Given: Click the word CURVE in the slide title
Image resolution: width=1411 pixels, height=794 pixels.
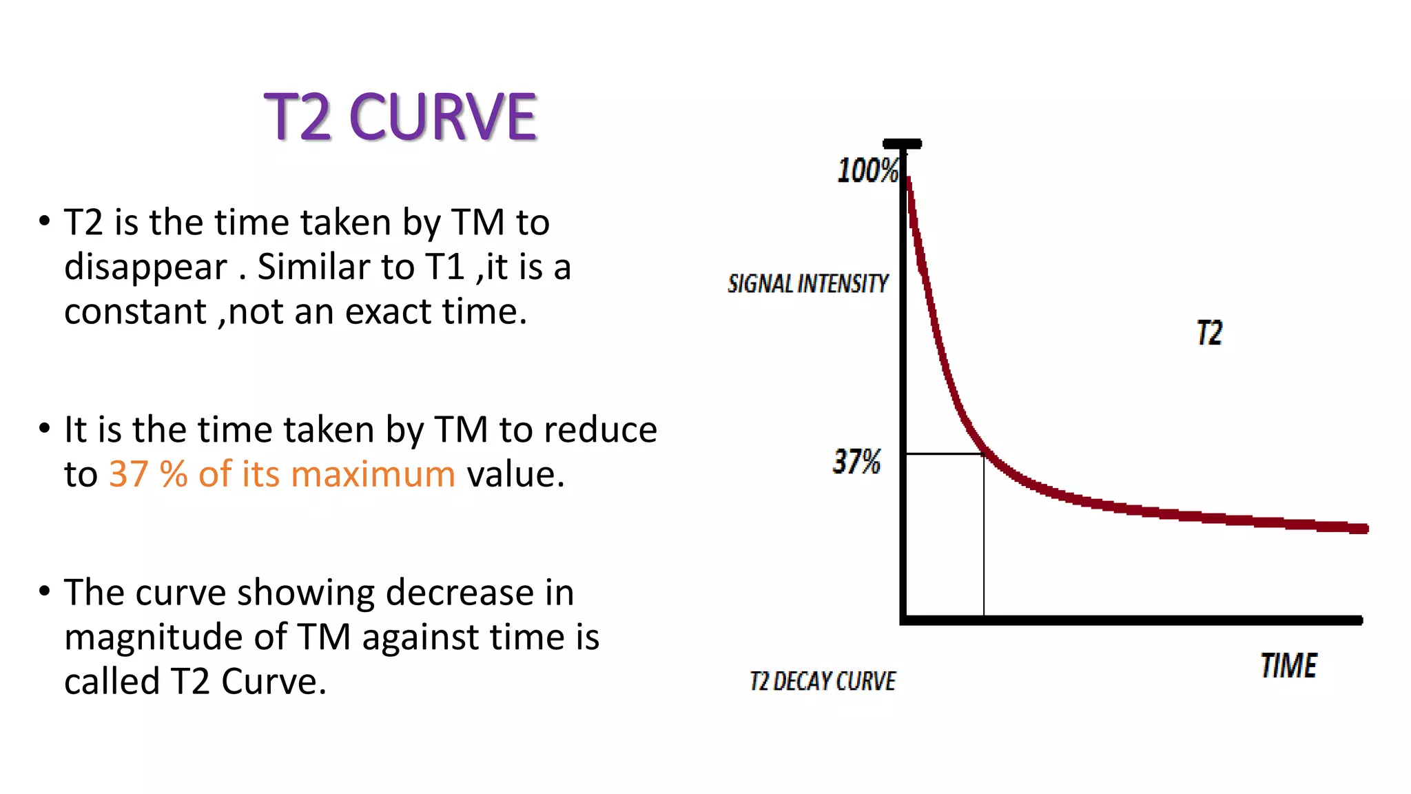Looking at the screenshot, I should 442,117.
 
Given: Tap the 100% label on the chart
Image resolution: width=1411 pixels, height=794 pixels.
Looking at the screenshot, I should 867,170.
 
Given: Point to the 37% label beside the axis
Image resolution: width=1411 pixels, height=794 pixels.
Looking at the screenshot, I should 856,461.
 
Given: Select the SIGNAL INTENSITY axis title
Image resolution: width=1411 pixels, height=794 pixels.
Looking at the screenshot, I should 807,283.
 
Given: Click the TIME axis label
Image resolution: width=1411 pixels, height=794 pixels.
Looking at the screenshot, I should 1288,666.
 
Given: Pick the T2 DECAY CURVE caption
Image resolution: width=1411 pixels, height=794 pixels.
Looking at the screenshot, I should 823,681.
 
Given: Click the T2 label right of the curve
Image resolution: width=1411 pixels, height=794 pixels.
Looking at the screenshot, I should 1210,333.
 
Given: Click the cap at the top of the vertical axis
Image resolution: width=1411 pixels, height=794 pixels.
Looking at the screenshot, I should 902,144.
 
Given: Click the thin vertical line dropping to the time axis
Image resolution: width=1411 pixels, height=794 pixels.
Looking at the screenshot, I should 984,538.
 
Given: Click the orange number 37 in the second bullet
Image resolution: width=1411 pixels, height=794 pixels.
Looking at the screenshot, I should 128,474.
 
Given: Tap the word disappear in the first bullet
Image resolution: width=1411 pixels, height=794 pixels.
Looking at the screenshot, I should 145,267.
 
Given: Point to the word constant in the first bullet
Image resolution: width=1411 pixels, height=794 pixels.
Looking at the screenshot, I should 135,312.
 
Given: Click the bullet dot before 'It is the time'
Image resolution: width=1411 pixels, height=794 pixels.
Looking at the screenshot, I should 45,428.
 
